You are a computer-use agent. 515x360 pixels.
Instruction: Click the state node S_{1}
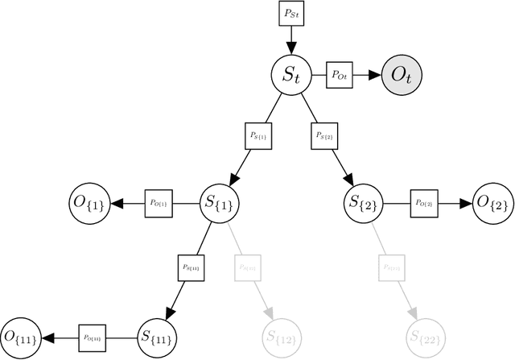point(220,204)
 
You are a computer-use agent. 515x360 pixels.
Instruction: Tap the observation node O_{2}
point(492,204)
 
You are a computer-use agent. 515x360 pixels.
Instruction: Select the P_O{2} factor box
point(424,204)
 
